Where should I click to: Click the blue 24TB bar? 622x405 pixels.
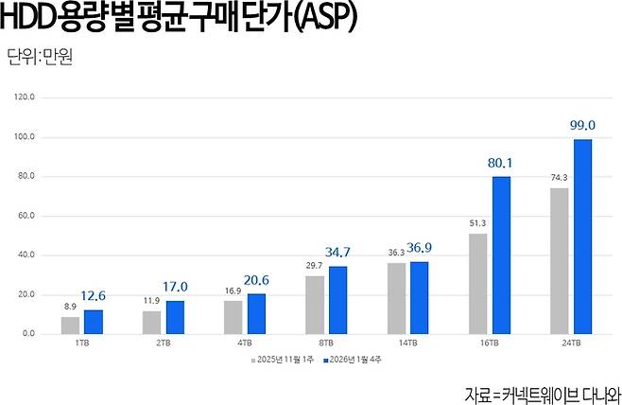point(583,237)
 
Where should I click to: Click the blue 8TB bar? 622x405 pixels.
point(337,300)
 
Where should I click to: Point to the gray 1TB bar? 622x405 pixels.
point(70,325)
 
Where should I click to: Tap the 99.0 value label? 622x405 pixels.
point(582,125)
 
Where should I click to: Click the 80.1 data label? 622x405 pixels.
point(501,162)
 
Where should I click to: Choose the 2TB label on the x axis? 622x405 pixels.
point(163,344)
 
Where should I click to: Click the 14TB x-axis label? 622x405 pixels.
point(406,344)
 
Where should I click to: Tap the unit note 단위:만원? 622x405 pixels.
point(39,57)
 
